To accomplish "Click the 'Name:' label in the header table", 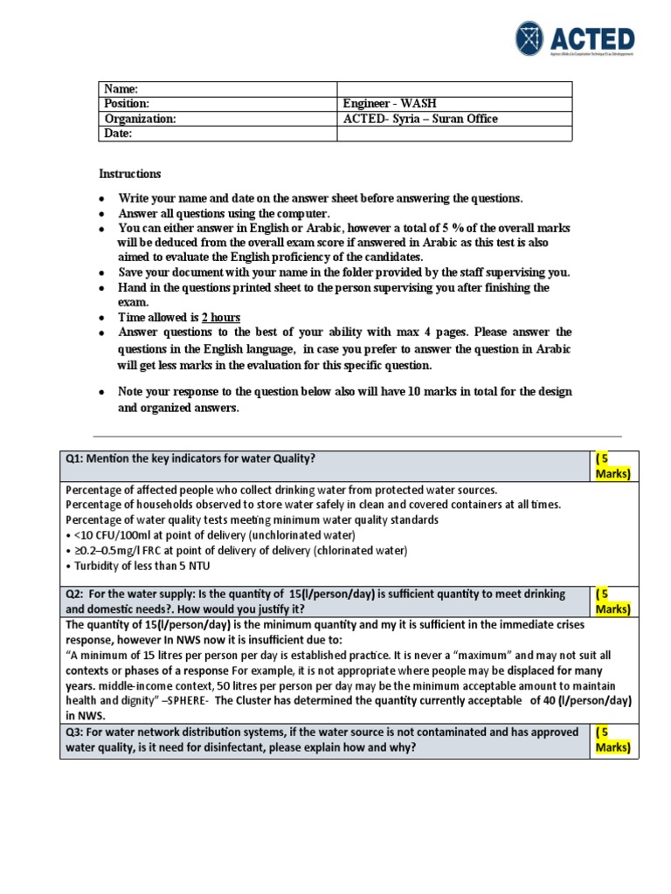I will point(121,89).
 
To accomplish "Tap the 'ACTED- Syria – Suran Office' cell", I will point(422,119).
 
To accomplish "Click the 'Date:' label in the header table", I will point(119,134).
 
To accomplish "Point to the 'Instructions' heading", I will point(129,174).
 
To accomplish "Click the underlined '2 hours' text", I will point(221,317).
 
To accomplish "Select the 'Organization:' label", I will point(141,119).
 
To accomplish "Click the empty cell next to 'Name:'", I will point(454,89).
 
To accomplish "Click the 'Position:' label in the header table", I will point(128,104).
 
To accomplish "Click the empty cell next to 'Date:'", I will point(454,134).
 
